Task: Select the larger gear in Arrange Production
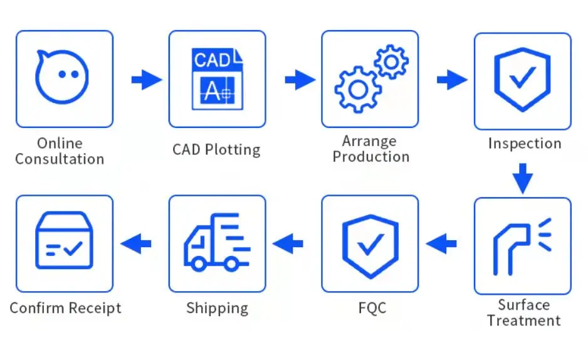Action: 358,90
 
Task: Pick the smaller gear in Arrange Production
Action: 391,61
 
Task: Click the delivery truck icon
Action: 216,243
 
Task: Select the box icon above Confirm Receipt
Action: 64,241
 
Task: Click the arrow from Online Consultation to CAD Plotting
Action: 146,80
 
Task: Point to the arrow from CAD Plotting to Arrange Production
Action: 300,80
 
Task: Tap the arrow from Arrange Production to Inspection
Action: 452,80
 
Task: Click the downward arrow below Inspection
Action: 522,177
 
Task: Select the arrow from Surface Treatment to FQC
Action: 442,243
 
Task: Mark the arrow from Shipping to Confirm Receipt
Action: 136,243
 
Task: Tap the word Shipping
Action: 217,309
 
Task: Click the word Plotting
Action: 233,150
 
